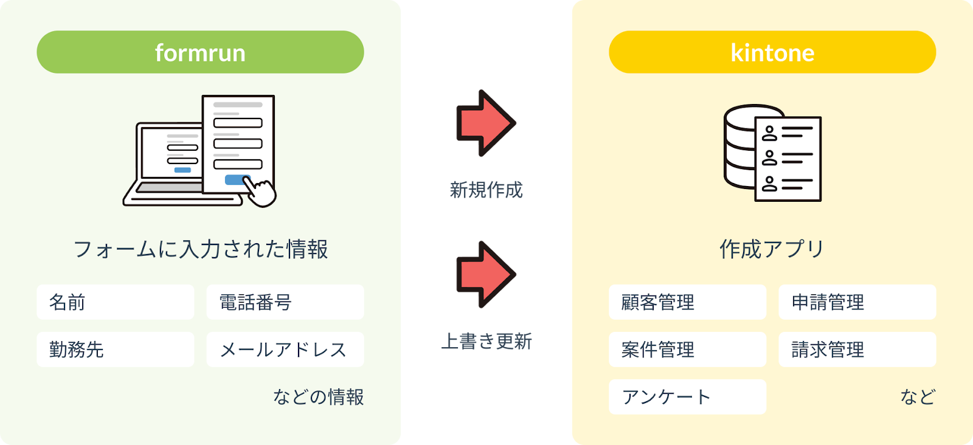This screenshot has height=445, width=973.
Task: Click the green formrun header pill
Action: [200, 52]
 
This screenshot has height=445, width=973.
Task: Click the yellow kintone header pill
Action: [772, 52]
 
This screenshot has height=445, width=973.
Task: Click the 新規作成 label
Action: [486, 190]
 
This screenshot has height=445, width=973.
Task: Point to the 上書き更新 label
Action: [486, 342]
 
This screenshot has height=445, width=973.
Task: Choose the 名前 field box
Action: [116, 302]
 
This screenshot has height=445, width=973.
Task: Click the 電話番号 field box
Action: [285, 302]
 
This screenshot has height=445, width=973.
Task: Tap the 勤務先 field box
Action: [116, 350]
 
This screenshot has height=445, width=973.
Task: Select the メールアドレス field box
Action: [285, 350]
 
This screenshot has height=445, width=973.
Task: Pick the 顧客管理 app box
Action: [687, 302]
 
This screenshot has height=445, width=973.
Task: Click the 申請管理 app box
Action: [857, 302]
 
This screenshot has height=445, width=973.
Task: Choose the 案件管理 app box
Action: [687, 350]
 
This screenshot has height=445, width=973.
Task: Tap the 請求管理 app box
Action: [857, 350]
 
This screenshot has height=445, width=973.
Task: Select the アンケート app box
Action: [687, 397]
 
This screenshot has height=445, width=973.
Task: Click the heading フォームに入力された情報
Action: [200, 249]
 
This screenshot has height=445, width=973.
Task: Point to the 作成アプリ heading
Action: [772, 249]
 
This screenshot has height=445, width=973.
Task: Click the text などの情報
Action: [318, 397]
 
